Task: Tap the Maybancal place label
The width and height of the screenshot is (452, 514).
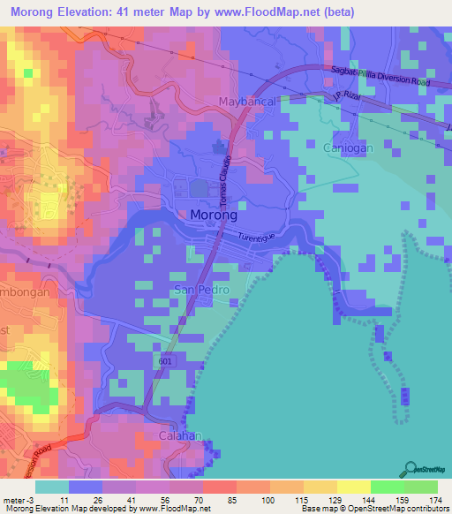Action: coord(248,102)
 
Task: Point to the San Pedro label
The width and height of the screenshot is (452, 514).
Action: coord(200,290)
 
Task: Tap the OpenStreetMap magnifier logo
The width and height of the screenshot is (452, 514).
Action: coord(411,469)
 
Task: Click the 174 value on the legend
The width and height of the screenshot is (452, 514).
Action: coord(433,500)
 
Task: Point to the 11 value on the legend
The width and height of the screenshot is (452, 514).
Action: coord(64,500)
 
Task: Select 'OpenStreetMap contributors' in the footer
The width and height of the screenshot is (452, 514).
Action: coord(400,509)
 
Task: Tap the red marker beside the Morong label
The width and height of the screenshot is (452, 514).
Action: coord(183,215)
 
